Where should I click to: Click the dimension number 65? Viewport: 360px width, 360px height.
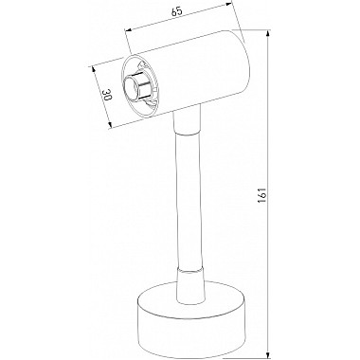177,12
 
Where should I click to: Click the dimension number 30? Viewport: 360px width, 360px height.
107,95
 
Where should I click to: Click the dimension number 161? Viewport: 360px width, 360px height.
262,195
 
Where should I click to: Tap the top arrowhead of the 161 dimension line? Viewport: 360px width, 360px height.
269,34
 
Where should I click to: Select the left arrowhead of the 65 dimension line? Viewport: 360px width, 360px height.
129,30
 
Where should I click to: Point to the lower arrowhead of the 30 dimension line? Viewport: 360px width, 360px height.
109,124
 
